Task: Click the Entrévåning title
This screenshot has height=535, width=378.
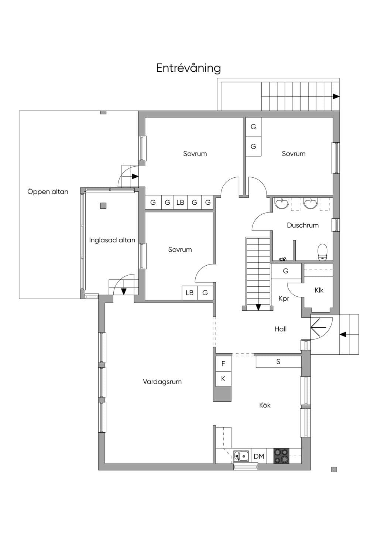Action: tap(189, 68)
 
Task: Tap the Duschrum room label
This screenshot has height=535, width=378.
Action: tap(303, 225)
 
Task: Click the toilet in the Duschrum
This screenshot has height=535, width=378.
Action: tap(322, 252)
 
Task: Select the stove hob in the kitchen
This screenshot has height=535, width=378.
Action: tap(281, 456)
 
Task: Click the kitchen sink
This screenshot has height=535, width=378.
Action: tap(241, 456)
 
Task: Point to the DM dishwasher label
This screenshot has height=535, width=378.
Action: tap(259, 456)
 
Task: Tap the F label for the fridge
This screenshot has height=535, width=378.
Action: tap(223, 364)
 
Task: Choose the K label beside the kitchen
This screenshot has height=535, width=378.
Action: tap(223, 379)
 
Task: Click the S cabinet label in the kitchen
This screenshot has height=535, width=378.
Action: tap(278, 362)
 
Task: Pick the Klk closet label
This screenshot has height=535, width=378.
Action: tap(319, 290)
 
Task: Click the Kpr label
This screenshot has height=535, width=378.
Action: tap(284, 299)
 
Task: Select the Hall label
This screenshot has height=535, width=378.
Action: tap(281, 329)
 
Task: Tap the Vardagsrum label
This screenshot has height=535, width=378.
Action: tap(162, 382)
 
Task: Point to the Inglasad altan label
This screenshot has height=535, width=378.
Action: tap(112, 240)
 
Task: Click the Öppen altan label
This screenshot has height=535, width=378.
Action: tap(48, 191)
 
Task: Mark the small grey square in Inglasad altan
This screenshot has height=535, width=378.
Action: tap(103, 206)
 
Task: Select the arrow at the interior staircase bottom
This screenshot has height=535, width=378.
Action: tap(258, 307)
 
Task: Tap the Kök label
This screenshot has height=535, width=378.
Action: tap(265, 405)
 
